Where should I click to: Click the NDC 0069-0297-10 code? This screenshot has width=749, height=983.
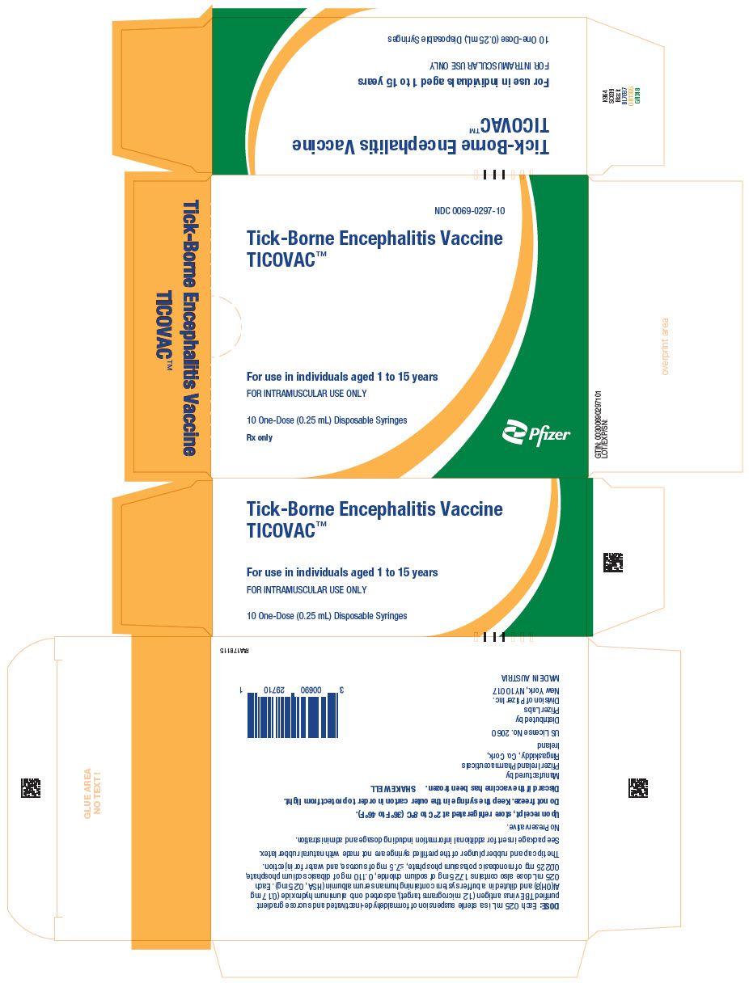point(469,211)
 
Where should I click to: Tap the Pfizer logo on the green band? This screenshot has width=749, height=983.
point(536,433)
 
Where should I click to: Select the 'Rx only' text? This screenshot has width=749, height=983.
point(260,437)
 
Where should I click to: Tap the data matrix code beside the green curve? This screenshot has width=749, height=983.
point(614,562)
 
